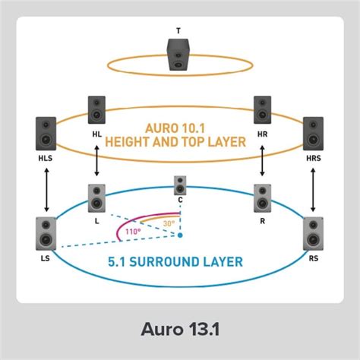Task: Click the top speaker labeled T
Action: coord(178,55)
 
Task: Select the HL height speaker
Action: coord(96,110)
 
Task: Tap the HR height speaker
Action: coord(263,110)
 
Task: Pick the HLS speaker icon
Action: coord(46,134)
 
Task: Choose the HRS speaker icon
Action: coord(313,134)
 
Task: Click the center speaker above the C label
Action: coord(180,185)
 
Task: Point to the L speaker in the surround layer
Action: coord(96,198)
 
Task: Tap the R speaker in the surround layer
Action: coord(263,198)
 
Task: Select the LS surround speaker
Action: coord(46,234)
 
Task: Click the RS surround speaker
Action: coord(313,234)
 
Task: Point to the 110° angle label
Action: coord(133,232)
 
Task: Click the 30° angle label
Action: coord(169,223)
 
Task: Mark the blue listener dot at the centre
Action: coord(180,235)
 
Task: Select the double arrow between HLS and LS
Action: coord(46,190)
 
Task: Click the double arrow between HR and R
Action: coord(263,161)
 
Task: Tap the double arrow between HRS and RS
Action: coord(313,190)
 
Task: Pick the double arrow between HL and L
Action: coord(96,161)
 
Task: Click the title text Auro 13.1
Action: coord(180,329)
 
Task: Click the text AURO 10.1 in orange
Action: coord(175,128)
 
